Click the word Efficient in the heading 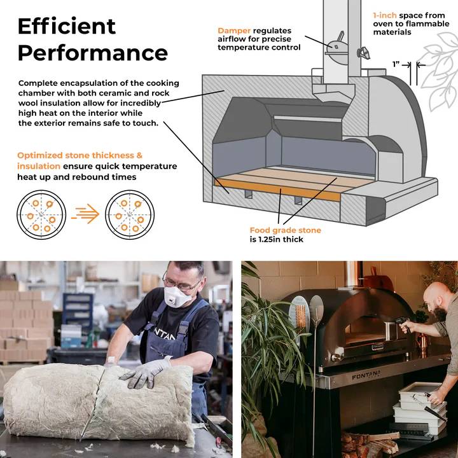67,26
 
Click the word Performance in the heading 93,53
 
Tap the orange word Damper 234,31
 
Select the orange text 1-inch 385,15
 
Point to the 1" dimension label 396,64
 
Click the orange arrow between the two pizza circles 85,214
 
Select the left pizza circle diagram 41,215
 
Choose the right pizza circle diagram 130,215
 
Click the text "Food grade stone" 286,230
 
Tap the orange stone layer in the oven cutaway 277,190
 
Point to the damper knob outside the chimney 363,53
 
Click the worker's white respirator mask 177,296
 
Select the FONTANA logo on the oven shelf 366,375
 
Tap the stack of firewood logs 370,443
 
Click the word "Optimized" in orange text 40,155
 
